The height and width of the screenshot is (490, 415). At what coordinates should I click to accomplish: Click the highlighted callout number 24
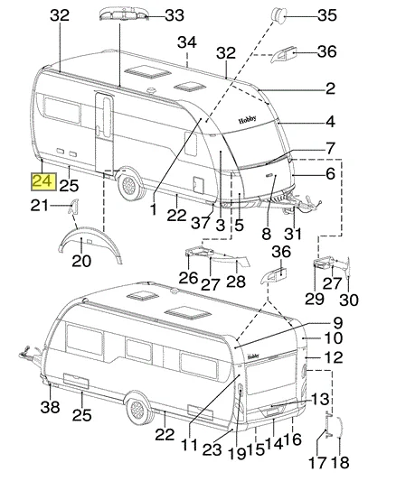click(x=43, y=181)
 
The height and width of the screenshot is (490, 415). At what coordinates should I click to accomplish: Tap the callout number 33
click(x=174, y=14)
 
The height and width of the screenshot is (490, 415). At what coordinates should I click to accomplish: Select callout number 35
click(x=327, y=14)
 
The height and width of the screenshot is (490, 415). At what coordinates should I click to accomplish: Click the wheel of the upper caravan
click(x=129, y=185)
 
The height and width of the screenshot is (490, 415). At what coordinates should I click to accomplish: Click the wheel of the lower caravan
click(x=138, y=410)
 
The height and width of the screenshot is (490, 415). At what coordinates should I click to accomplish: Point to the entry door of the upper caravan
click(x=104, y=132)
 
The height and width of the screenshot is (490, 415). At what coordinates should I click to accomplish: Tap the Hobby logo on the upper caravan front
click(x=248, y=119)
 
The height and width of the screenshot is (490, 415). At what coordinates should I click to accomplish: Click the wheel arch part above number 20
click(x=90, y=245)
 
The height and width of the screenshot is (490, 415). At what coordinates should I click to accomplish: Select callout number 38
click(x=50, y=407)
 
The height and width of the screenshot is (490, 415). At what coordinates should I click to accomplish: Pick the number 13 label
click(x=320, y=399)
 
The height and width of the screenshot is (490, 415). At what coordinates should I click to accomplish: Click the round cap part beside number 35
click(x=278, y=14)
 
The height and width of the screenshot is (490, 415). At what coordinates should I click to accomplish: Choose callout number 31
click(x=293, y=234)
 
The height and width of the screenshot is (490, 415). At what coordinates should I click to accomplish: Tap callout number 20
click(x=81, y=261)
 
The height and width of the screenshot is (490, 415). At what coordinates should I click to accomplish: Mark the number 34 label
click(x=187, y=42)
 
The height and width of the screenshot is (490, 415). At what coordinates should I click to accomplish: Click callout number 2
click(x=330, y=88)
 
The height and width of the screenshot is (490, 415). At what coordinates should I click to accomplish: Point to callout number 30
click(x=349, y=300)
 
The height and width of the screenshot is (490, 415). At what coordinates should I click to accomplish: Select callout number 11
click(x=190, y=444)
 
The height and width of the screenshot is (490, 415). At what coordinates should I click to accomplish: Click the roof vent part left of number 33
click(x=123, y=14)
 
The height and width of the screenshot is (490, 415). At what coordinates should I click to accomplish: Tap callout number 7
click(x=331, y=148)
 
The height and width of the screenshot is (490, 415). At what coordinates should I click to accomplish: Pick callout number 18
click(x=341, y=462)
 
